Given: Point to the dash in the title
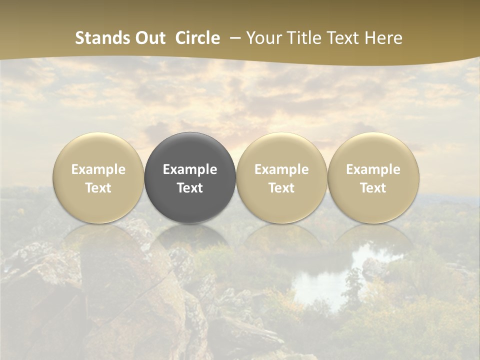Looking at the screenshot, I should [x=232, y=38].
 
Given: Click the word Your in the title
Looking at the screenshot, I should [x=263, y=38].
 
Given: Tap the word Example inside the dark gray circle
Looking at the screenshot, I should [x=190, y=169].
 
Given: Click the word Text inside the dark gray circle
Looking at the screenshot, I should [x=190, y=188].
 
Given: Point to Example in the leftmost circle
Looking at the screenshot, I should [x=98, y=169].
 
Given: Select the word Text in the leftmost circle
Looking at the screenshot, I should [x=98, y=188].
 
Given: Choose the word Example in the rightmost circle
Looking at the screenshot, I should [x=373, y=169].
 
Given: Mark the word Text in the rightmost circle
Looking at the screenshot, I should [x=373, y=188].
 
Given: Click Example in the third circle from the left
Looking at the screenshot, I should [x=281, y=169].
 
